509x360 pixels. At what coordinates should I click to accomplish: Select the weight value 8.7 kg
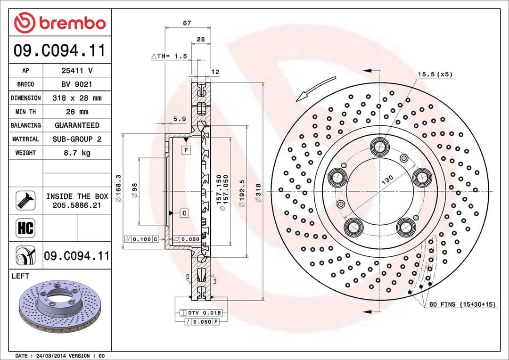(x=77, y=153)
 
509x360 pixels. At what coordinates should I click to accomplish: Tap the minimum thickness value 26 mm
(x=77, y=112)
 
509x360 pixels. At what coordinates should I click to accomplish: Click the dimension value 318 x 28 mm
(x=77, y=98)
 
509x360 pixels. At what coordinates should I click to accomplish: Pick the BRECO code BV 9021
(x=77, y=84)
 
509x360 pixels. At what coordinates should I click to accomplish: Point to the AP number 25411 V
(x=77, y=71)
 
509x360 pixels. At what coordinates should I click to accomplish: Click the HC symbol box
(x=25, y=228)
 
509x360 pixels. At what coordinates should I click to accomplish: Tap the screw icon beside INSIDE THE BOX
(x=25, y=201)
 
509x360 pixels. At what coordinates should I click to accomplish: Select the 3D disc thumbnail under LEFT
(x=59, y=306)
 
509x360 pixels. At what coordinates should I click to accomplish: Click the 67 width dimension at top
(x=187, y=23)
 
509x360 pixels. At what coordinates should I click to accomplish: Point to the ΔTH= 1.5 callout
(x=169, y=56)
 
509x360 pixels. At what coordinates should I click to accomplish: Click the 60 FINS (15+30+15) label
(x=462, y=305)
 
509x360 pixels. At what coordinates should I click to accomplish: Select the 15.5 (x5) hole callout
(x=435, y=74)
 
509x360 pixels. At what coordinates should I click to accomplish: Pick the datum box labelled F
(x=187, y=150)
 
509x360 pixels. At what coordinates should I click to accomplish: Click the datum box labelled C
(x=184, y=213)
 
